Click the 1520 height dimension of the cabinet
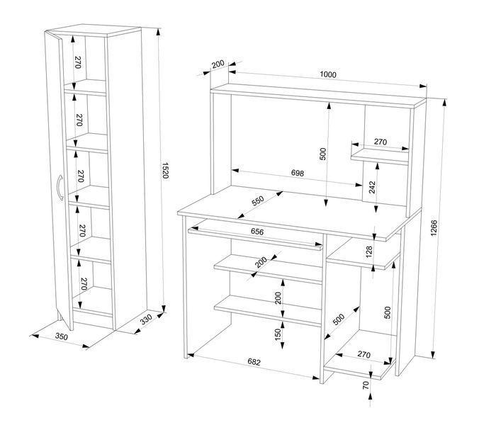click(x=165, y=171)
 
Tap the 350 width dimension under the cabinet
click(x=62, y=336)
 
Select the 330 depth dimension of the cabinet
click(x=146, y=319)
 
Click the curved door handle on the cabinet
click(x=60, y=188)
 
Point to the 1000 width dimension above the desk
click(x=328, y=74)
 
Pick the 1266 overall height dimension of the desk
click(x=434, y=228)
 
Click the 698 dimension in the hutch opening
click(x=297, y=173)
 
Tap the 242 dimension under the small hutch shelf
click(x=372, y=187)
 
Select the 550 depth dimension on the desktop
click(x=257, y=201)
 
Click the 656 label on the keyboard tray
click(x=257, y=232)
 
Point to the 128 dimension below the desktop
click(x=369, y=252)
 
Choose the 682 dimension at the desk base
click(x=254, y=362)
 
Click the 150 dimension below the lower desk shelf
click(x=278, y=334)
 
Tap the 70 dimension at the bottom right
click(x=366, y=385)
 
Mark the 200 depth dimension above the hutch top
click(x=218, y=64)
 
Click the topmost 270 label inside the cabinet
click(x=78, y=62)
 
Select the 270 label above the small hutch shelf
click(x=381, y=142)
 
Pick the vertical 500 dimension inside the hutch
click(x=323, y=154)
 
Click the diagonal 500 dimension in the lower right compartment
click(x=339, y=319)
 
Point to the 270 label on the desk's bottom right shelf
click(x=364, y=354)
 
